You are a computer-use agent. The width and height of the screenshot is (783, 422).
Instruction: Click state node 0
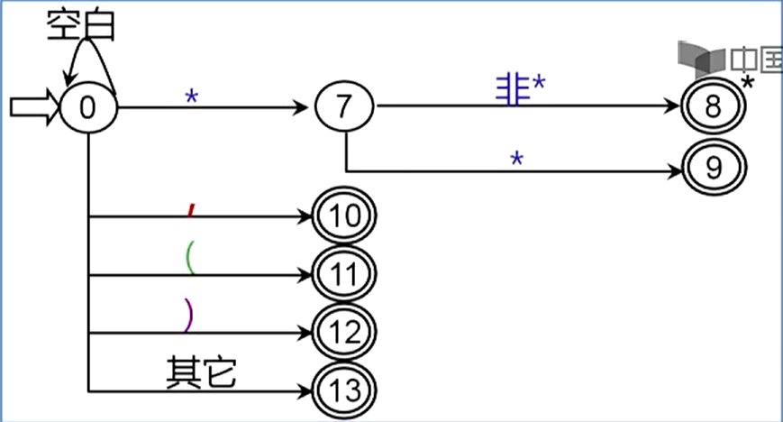coord(88,107)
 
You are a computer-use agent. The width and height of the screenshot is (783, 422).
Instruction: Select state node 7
coord(345,108)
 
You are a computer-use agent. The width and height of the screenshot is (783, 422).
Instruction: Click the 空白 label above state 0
coord(82,26)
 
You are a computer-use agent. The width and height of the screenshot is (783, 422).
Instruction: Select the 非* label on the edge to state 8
coord(522,87)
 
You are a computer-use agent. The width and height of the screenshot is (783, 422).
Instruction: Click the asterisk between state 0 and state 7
coord(191,96)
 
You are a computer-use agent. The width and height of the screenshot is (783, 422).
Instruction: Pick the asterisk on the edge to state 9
coord(517,158)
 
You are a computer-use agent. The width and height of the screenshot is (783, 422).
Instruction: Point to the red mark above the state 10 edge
coord(190,210)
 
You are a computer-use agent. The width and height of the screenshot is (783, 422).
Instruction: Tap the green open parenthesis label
coord(188,258)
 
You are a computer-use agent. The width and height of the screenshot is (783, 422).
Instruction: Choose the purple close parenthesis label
coord(188,316)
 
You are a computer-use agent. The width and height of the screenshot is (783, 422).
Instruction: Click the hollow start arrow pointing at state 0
coord(34,107)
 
